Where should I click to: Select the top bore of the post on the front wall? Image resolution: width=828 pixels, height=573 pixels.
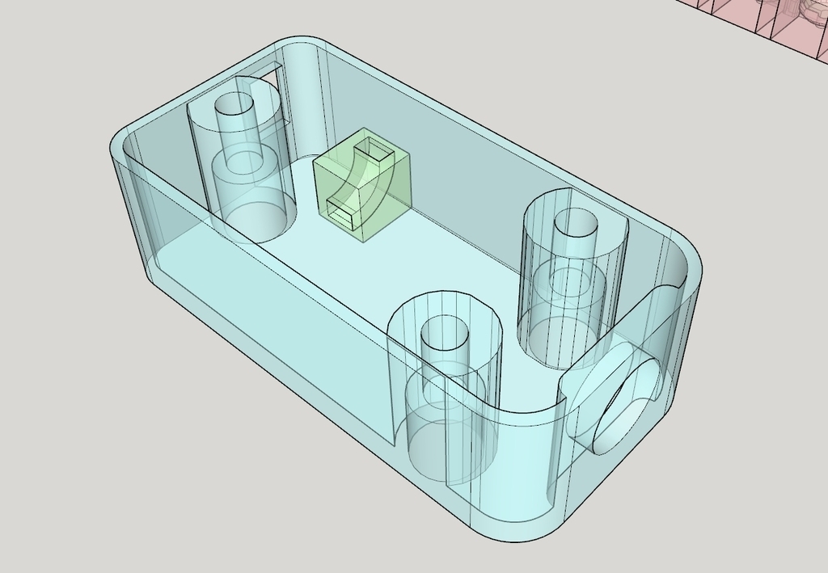coord(442,332)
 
